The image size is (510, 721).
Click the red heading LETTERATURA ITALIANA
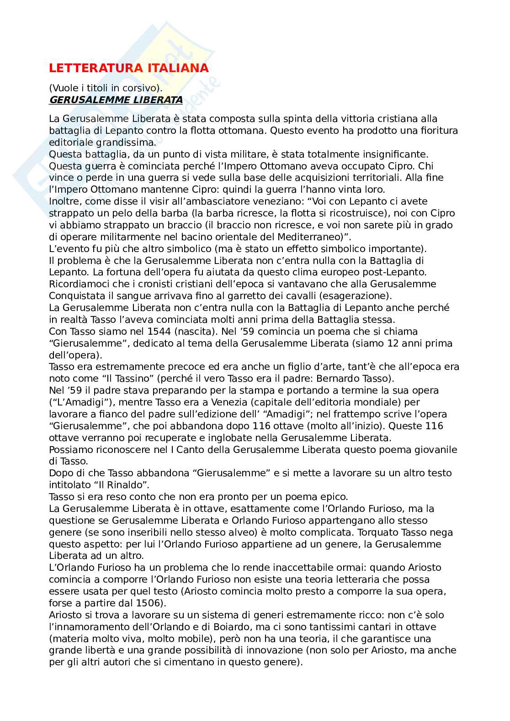tap(129, 68)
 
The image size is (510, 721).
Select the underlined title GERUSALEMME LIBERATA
tap(116, 100)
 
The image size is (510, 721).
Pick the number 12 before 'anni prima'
tap(394, 343)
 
